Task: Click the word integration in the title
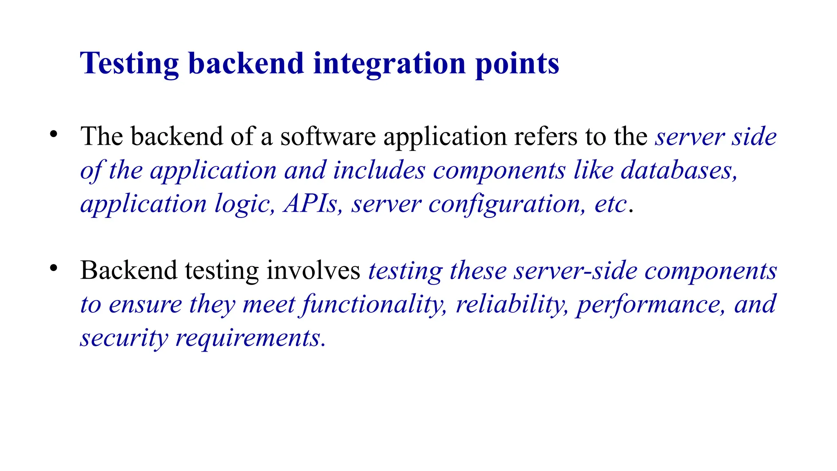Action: (389, 64)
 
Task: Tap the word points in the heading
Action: (517, 64)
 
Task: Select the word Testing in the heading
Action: (129, 64)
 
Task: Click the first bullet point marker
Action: (54, 134)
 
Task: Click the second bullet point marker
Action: (54, 268)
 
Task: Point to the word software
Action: (328, 137)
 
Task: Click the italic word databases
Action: (679, 170)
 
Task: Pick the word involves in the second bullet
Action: (313, 271)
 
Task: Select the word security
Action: (124, 339)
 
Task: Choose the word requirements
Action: (250, 339)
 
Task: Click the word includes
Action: (379, 170)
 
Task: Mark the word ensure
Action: (145, 305)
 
